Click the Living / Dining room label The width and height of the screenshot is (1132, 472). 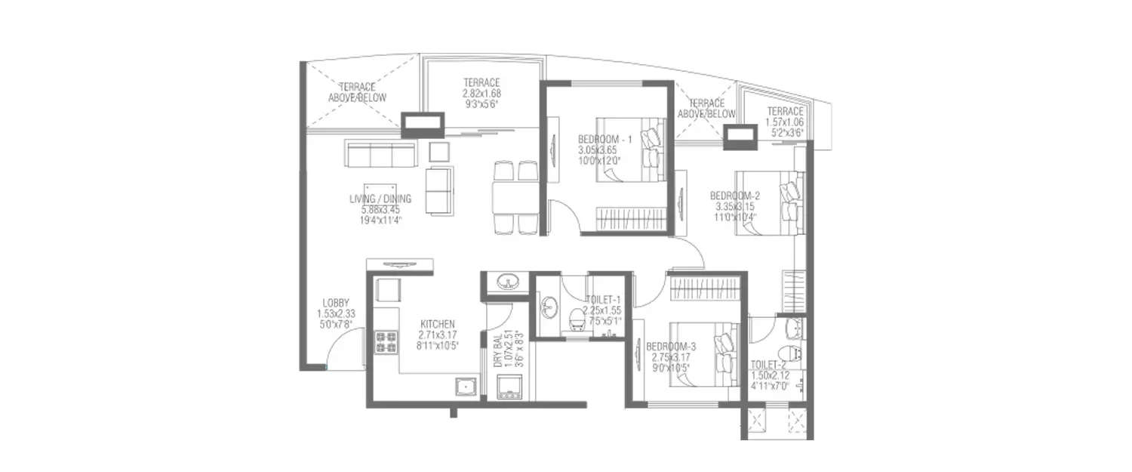tap(380, 199)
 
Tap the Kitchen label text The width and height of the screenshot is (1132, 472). tap(438, 324)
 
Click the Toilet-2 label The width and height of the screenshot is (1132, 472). tap(769, 365)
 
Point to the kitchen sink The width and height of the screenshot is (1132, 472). tap(465, 387)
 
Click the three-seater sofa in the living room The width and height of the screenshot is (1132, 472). tap(380, 154)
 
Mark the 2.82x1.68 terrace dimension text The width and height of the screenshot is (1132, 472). tap(481, 94)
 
